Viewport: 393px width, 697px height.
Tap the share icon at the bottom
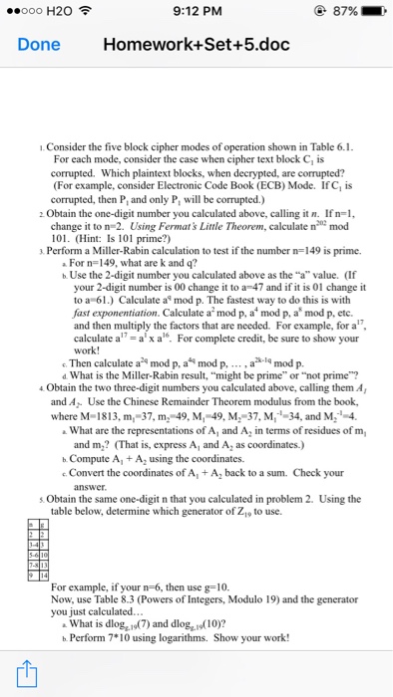coord(26,671)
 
